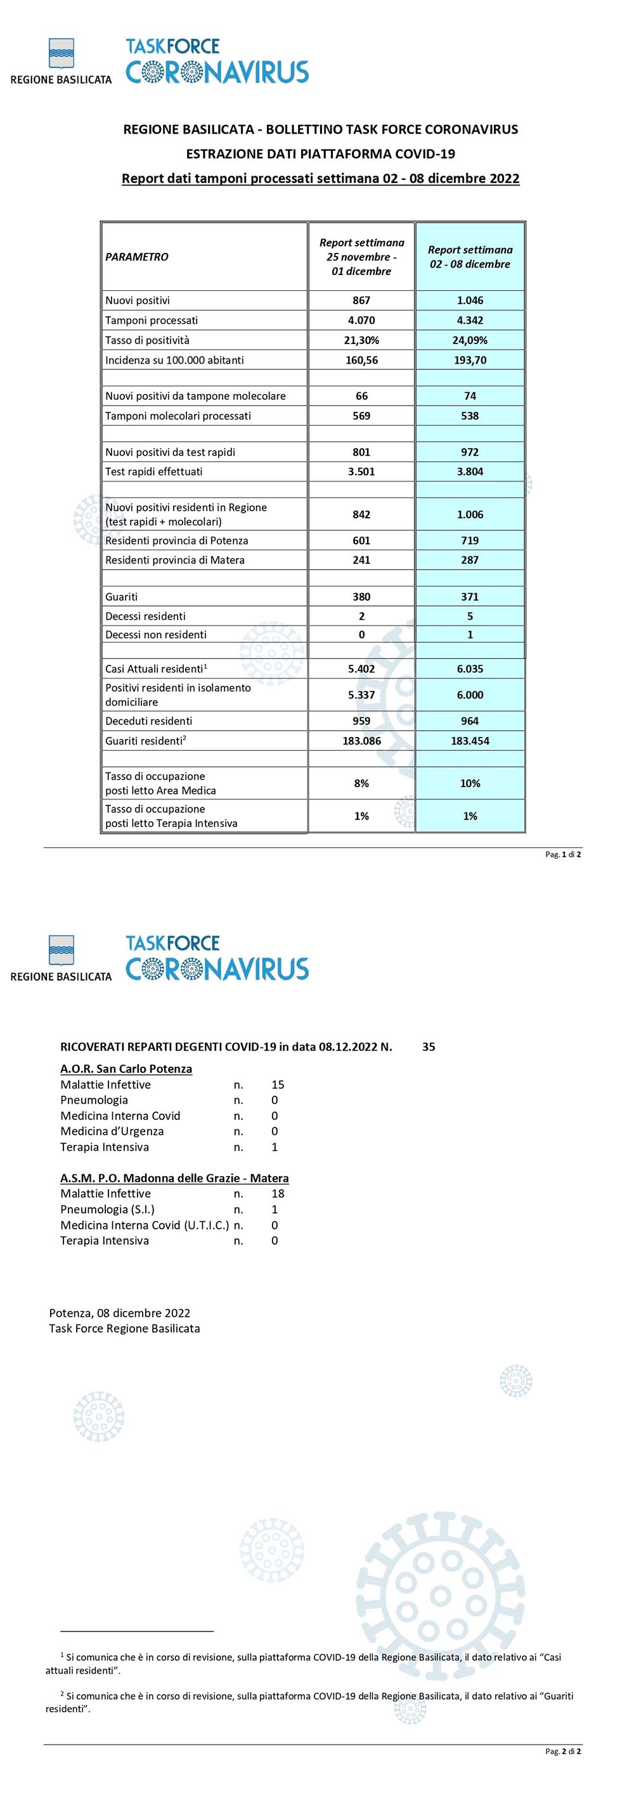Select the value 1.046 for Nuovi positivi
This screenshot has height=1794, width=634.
[470, 301]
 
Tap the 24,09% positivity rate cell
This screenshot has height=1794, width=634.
[470, 340]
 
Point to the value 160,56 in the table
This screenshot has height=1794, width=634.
[361, 360]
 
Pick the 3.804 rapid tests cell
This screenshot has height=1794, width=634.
[470, 471]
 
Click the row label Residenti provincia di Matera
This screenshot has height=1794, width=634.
[175, 560]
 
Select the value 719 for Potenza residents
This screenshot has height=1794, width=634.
[470, 541]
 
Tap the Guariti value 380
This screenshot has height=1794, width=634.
[361, 597]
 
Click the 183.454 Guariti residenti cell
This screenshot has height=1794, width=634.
[470, 741]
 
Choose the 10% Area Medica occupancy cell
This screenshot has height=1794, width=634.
[470, 783]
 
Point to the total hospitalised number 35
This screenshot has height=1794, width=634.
[429, 1047]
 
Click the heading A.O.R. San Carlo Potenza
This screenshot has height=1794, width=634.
[126, 1069]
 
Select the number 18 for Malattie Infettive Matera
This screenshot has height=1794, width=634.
[277, 1194]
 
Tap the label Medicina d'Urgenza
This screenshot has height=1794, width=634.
[112, 1132]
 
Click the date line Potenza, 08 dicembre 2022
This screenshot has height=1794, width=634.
[120, 1313]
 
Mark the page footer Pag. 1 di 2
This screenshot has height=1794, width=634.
[562, 854]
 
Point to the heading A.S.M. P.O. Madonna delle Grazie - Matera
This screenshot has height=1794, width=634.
[174, 1178]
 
